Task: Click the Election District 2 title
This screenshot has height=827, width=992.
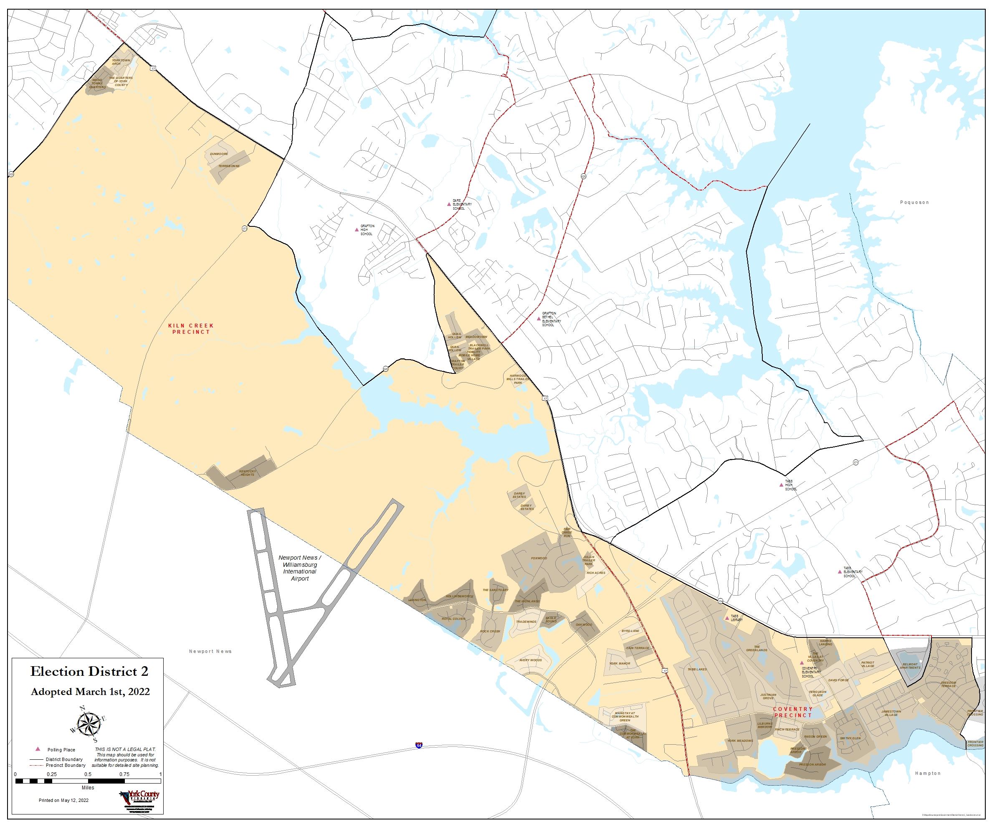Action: click(89, 672)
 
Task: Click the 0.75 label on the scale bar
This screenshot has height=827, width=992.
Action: click(124, 774)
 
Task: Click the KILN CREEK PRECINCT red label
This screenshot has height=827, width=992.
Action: click(191, 329)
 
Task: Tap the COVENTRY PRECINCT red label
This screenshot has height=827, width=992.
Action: click(793, 712)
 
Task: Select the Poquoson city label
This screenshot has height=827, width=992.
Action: click(914, 202)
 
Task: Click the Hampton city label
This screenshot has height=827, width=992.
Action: click(928, 774)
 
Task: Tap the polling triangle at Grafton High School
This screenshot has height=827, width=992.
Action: click(357, 230)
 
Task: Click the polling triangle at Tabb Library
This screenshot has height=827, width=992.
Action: click(727, 618)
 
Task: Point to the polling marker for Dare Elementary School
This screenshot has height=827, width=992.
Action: click(449, 204)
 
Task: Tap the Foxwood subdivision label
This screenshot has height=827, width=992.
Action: click(539, 558)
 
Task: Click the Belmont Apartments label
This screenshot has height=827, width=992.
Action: click(910, 666)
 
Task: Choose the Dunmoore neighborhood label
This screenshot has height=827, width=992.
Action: click(219, 154)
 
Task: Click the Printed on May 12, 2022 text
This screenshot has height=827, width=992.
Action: click(63, 801)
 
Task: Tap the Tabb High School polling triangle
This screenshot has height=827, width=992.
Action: click(781, 485)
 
